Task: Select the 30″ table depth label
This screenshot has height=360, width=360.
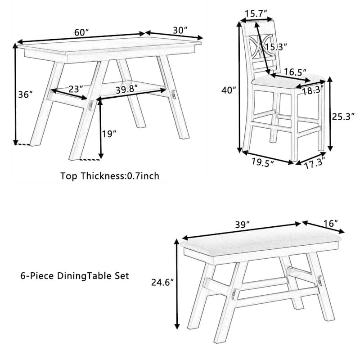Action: pos(180,30)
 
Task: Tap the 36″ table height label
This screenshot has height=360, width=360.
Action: pos(26,94)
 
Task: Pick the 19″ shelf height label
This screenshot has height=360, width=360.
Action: pos(109,134)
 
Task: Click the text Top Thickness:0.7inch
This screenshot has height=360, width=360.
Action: pos(110,176)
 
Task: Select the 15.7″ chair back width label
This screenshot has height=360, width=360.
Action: pos(256,15)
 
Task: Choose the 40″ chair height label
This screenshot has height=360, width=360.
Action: pos(229,90)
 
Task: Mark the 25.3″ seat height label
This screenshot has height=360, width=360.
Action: pos(343,117)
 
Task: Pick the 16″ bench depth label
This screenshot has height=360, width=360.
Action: pos(329,223)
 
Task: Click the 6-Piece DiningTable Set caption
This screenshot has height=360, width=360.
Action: pos(75,276)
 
